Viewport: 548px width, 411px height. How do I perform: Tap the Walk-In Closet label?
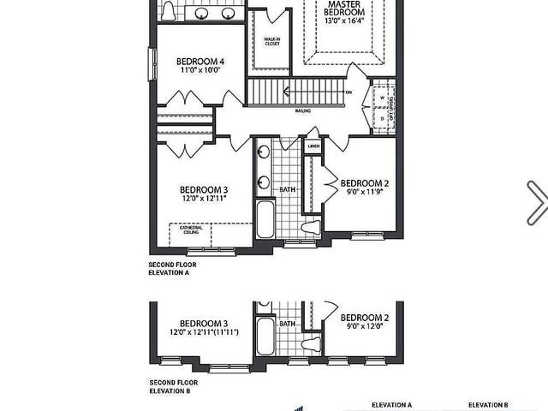(x=272, y=42)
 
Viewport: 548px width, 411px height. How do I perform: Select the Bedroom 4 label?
(x=200, y=62)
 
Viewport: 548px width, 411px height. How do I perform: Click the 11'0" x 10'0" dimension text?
(x=200, y=71)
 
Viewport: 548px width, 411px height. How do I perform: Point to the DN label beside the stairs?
(x=348, y=92)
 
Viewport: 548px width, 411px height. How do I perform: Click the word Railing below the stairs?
(x=303, y=110)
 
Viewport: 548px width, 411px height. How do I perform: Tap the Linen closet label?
(x=313, y=146)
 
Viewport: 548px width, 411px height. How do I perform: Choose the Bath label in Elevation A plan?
(x=287, y=188)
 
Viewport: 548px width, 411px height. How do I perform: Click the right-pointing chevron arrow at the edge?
(x=537, y=201)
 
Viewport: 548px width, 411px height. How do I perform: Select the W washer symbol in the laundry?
(x=382, y=98)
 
